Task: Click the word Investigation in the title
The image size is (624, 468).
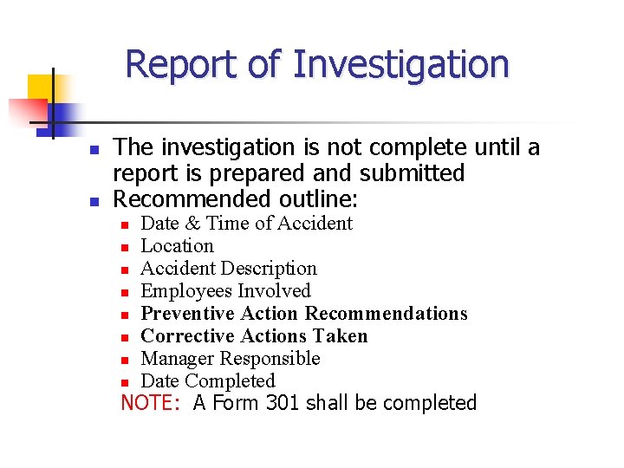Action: [400, 64]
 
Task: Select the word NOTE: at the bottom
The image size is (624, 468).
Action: [153, 403]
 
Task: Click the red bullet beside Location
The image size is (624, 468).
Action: [125, 247]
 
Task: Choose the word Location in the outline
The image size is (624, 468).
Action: [177, 246]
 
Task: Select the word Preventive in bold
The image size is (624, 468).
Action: [188, 314]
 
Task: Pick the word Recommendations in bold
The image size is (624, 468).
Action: [387, 314]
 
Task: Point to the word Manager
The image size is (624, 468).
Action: [177, 359]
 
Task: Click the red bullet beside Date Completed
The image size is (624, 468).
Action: [125, 382]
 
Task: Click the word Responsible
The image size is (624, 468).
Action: [270, 359]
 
